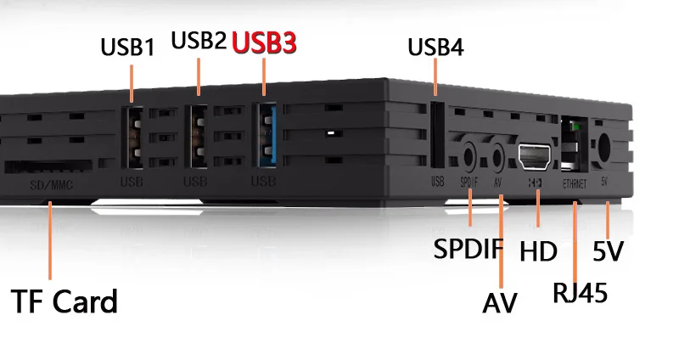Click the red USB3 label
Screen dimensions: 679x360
point(264,42)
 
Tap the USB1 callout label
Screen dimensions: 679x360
point(127,46)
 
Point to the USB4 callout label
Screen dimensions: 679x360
point(435,47)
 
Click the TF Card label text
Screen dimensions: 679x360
point(65,301)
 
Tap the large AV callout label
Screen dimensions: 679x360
point(500,303)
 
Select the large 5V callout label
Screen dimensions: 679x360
point(607,251)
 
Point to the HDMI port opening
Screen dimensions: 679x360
point(536,155)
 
